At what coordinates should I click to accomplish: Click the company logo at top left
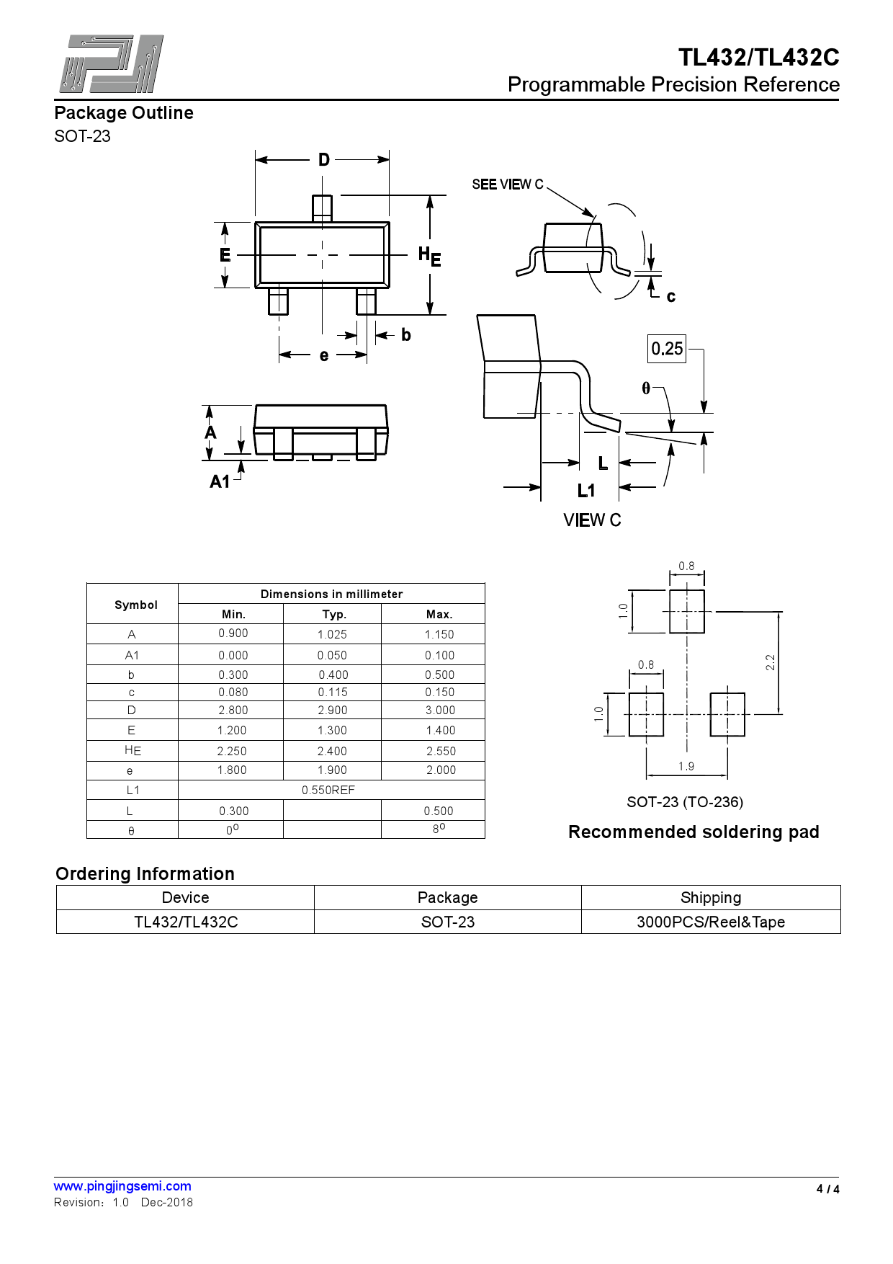[x=111, y=64]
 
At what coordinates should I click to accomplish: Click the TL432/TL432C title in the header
[x=758, y=58]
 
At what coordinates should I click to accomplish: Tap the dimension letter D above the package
[x=324, y=160]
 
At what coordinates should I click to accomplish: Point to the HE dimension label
[x=429, y=256]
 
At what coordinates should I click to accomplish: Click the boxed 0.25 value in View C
[x=667, y=349]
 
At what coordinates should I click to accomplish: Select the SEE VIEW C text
[x=507, y=184]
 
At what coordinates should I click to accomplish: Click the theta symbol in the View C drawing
[x=646, y=388]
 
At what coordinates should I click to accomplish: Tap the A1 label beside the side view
[x=220, y=481]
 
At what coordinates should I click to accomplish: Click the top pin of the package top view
[x=322, y=208]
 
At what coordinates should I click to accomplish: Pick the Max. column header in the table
[x=439, y=615]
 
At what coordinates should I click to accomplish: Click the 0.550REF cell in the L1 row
[x=328, y=791]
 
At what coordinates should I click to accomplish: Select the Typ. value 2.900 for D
[x=332, y=711]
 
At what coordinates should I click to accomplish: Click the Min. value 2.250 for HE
[x=232, y=751]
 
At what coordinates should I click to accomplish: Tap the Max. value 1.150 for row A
[x=439, y=635]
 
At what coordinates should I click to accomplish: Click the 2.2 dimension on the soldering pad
[x=770, y=662]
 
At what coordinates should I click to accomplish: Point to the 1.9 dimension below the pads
[x=686, y=767]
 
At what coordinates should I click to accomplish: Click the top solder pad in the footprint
[x=686, y=612]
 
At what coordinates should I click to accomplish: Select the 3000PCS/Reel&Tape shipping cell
[x=710, y=922]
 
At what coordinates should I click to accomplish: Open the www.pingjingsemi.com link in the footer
[x=122, y=1186]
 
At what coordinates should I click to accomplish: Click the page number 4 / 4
[x=827, y=1189]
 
